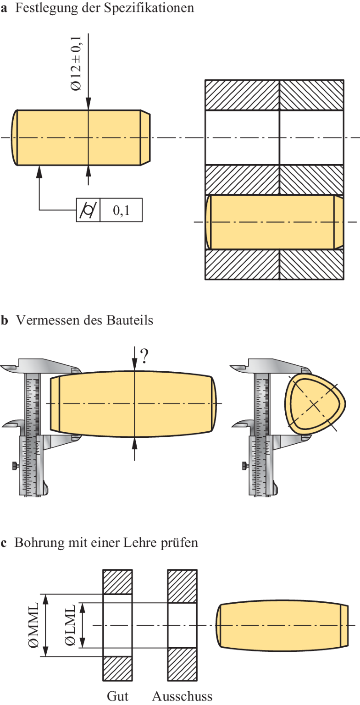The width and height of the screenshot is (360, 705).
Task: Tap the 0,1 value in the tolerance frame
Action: (x=120, y=210)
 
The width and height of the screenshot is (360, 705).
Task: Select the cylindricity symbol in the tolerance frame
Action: (x=88, y=210)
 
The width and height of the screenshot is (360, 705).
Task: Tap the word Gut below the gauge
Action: (x=118, y=696)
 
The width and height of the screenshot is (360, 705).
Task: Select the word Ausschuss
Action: (x=183, y=696)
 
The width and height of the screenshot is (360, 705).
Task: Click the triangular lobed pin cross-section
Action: (x=314, y=403)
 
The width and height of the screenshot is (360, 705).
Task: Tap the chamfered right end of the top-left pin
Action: (x=145, y=138)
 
